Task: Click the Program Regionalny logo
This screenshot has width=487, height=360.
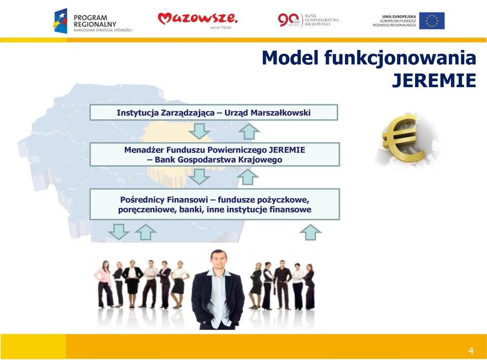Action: click(x=92, y=21)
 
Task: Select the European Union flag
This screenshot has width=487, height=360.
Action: click(x=432, y=21)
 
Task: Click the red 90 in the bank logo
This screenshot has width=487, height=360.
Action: click(x=286, y=20)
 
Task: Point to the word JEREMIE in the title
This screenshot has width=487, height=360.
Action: click(x=434, y=81)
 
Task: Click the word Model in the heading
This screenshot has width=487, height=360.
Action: click(x=290, y=58)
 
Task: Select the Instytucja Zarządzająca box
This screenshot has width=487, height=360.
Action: click(x=214, y=113)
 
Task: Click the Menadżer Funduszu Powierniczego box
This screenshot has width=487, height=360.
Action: click(x=215, y=155)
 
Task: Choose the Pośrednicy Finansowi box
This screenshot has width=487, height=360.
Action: click(x=215, y=204)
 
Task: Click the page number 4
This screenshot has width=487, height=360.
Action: click(x=471, y=351)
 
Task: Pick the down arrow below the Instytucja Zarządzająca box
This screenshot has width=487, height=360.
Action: click(x=199, y=131)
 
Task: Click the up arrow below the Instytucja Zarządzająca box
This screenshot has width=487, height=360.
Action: click(x=249, y=131)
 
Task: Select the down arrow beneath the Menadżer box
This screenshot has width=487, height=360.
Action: click(x=199, y=176)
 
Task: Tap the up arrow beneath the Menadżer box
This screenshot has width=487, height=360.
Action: click(x=248, y=177)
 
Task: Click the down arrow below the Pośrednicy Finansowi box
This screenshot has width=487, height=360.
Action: click(x=119, y=232)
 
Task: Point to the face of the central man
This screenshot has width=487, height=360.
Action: click(x=219, y=260)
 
